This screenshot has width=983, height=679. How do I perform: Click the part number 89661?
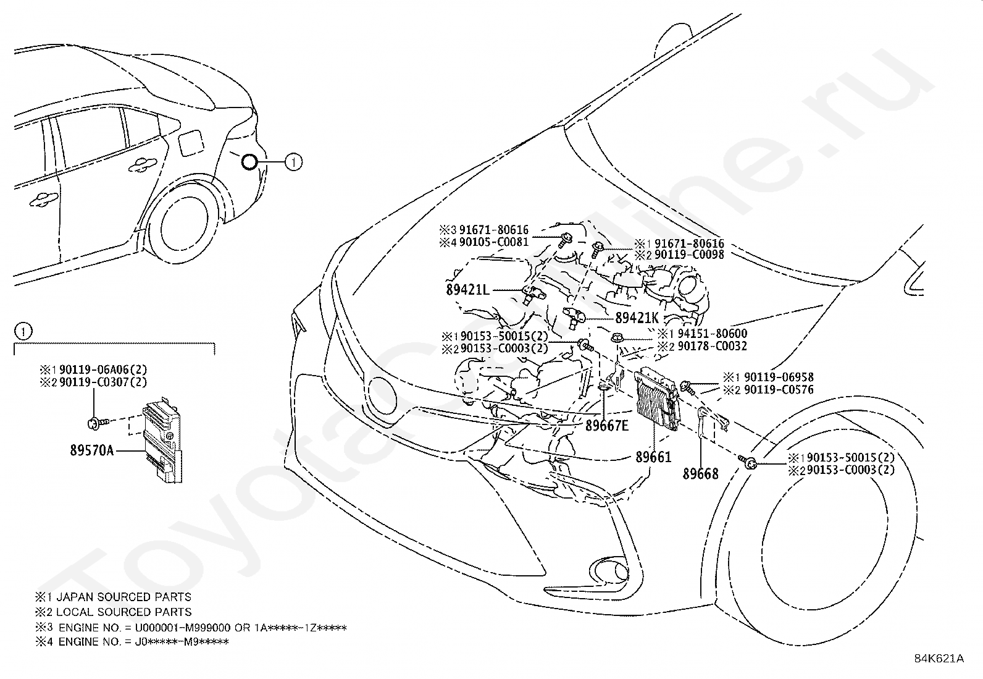pos(653,457)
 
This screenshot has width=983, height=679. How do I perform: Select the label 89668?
pos(700,474)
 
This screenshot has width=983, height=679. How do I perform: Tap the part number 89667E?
pos(607,425)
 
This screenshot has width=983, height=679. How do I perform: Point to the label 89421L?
pos(468,290)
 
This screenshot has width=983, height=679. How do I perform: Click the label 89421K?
pos(637,318)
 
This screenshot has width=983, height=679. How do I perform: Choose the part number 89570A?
pos(92,450)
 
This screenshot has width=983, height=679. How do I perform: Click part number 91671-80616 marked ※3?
pos(494,230)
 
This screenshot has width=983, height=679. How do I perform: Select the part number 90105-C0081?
pos(494,242)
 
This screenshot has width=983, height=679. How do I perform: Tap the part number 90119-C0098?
pos(689,255)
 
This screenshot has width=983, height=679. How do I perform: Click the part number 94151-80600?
pos(712,334)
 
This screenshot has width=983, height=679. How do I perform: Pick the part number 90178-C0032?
pos(712,346)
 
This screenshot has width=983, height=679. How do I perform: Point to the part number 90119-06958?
pos(779,377)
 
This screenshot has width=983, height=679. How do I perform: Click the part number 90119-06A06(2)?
pos(103,369)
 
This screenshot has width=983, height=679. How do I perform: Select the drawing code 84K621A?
pos(939,659)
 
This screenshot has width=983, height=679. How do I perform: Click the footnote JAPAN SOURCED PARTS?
pos(123,597)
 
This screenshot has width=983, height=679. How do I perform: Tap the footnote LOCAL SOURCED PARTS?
pos(123,612)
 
